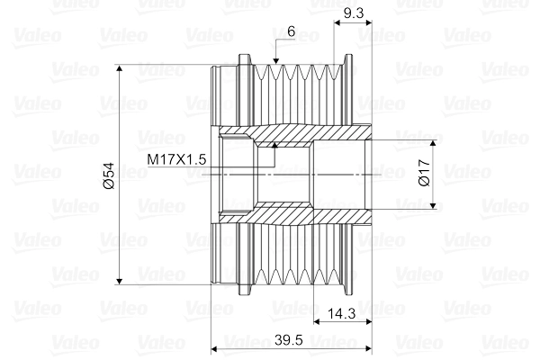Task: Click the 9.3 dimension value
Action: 354,13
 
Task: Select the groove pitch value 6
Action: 291,31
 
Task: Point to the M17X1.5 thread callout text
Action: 177,158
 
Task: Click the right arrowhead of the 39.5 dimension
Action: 366,349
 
